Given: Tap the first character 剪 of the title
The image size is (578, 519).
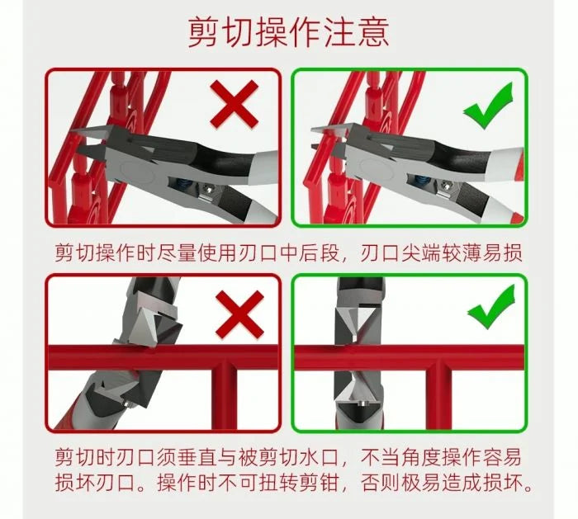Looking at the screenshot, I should [x=206, y=32].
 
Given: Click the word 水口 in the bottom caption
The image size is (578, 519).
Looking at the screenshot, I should [x=328, y=458].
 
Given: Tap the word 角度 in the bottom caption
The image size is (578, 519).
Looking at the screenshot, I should [x=424, y=458].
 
